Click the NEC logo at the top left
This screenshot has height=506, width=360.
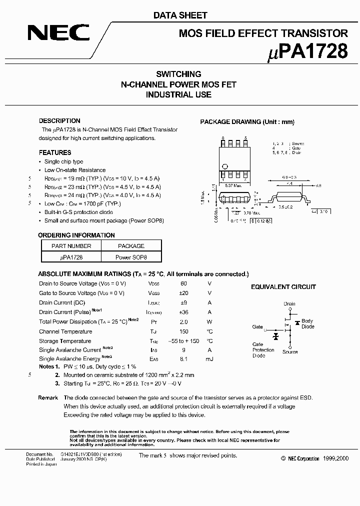pos(58,33)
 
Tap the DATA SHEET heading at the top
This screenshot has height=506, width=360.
pos(180,15)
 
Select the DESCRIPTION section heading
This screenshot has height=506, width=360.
pos(59,121)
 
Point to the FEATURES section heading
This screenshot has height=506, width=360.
pos(55,152)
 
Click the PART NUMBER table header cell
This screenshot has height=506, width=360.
pos(71,246)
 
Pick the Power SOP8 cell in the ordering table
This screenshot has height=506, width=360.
pos(131,257)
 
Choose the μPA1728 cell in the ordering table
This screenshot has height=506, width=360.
pos(71,257)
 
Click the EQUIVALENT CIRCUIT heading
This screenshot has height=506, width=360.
pos(283,287)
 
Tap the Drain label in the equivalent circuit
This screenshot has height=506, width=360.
pos(289,303)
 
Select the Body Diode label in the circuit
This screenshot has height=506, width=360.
pos(307,323)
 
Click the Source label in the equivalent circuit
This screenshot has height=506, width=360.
pos(289,352)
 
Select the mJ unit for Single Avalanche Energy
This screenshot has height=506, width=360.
pos(209,359)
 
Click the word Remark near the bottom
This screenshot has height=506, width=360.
pos(48,397)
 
